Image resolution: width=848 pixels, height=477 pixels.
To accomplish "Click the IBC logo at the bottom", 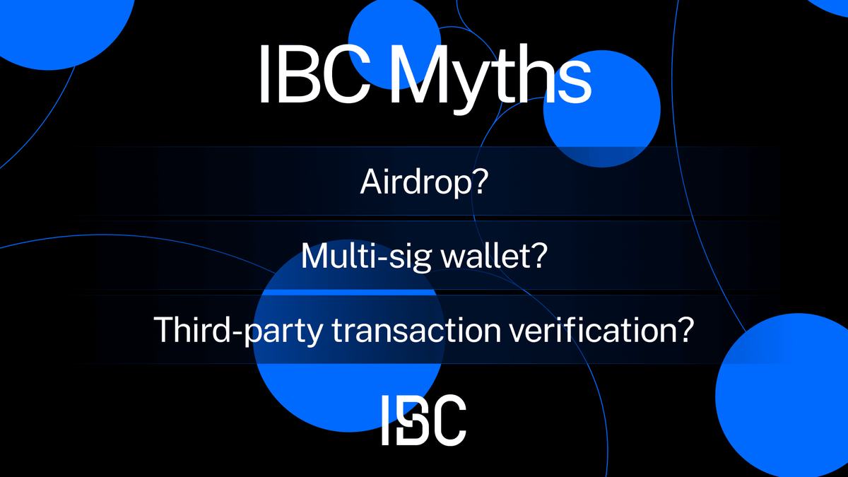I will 423,420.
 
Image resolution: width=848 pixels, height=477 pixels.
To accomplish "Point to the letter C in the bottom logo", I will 449,420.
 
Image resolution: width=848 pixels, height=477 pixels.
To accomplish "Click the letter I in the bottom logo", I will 386,420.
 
